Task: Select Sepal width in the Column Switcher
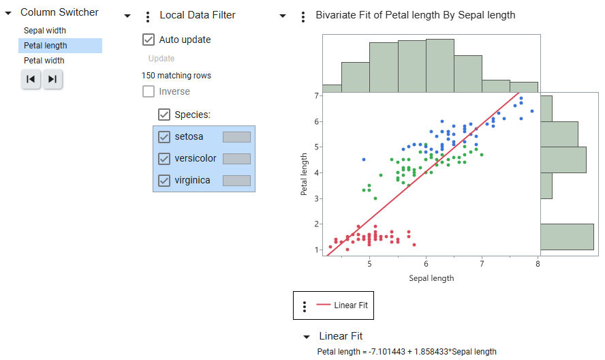[x=45, y=31]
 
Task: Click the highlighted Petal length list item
[x=46, y=46]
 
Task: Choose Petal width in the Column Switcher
[x=44, y=61]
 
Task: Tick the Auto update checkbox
[x=149, y=40]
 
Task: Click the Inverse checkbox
[x=149, y=91]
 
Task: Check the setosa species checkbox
[x=164, y=137]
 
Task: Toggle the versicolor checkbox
[x=164, y=159]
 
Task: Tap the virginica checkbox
[x=164, y=181]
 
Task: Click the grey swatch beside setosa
[x=236, y=137]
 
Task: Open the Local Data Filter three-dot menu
[x=148, y=16]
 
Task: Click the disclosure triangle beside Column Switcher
[x=8, y=13]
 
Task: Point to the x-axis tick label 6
[x=426, y=264]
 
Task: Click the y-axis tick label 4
[x=317, y=172]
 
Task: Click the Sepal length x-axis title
[x=431, y=278]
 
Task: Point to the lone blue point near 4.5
[x=364, y=160]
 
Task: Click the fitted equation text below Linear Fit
[x=407, y=352]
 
